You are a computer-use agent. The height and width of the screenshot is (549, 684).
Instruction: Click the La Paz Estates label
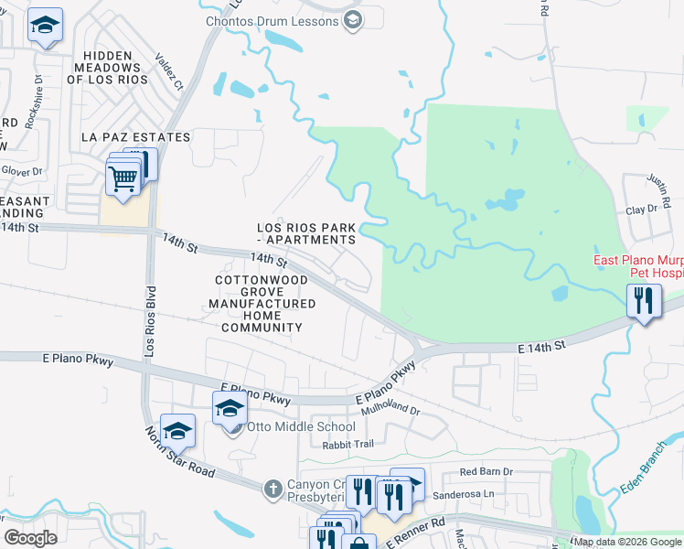tap(135, 137)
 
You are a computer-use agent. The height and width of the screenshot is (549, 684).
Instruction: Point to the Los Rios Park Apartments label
tap(305, 233)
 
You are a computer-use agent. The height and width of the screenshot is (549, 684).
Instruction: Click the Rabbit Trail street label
tap(348, 445)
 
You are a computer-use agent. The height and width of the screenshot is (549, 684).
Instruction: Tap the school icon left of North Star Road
tap(177, 431)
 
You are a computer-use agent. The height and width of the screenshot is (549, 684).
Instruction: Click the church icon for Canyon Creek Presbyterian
tap(272, 489)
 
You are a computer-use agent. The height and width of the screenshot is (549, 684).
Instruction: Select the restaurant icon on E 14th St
tap(644, 300)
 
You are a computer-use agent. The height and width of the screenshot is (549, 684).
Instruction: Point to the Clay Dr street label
tap(641, 210)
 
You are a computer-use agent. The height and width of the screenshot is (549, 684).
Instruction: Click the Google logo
tap(30, 538)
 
